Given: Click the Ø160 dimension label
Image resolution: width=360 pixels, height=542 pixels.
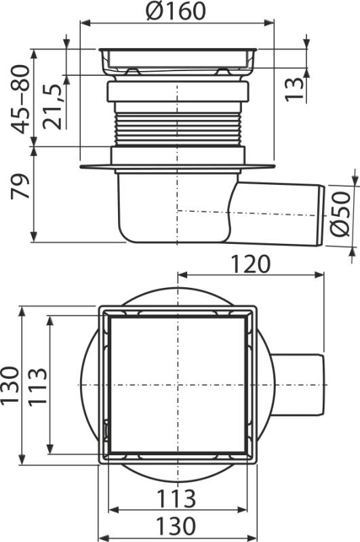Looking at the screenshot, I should pos(178,12).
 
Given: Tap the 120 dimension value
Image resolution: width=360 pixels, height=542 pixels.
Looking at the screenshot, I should pos(249,264).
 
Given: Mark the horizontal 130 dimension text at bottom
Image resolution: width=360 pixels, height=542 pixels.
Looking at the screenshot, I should pos(178,526).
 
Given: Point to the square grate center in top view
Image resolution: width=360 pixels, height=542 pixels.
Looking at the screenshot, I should pos(178,385).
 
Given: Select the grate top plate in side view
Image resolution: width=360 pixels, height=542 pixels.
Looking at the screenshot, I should pos(178,51).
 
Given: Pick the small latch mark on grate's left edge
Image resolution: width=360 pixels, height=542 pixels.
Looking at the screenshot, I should pos(107,429).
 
